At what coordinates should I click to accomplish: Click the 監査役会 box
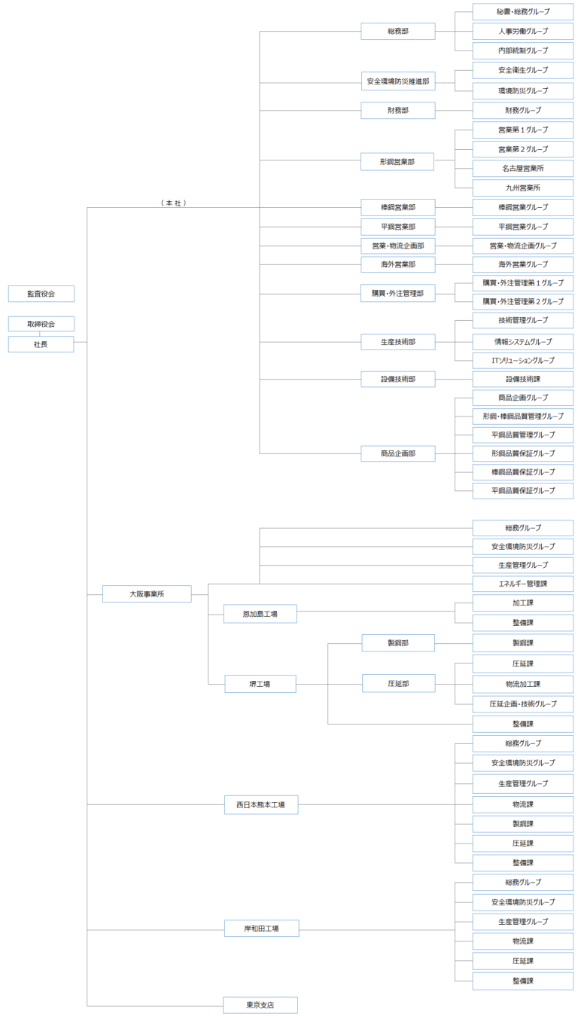[41, 294]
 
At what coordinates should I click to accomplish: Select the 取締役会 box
[41, 324]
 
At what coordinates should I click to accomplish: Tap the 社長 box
[41, 344]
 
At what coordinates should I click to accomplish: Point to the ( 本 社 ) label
[173, 203]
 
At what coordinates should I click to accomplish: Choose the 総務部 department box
[397, 31]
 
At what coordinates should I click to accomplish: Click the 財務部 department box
[397, 111]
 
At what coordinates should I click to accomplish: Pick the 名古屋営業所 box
[522, 169]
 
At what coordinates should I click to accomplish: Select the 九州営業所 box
[522, 188]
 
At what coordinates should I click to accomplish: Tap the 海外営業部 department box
[397, 264]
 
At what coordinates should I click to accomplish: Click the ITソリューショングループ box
[522, 360]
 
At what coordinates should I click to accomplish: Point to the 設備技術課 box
[522, 379]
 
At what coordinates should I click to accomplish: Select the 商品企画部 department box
[397, 453]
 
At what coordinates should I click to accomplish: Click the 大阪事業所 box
[147, 593]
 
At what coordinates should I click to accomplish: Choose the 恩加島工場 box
[260, 614]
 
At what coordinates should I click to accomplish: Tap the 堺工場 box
[260, 684]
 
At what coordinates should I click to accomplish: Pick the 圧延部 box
[397, 683]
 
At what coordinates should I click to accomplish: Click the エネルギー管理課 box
[522, 584]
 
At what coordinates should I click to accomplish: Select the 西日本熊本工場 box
[260, 804]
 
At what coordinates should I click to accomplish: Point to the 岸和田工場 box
[260, 929]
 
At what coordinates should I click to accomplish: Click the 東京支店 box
[260, 1005]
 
